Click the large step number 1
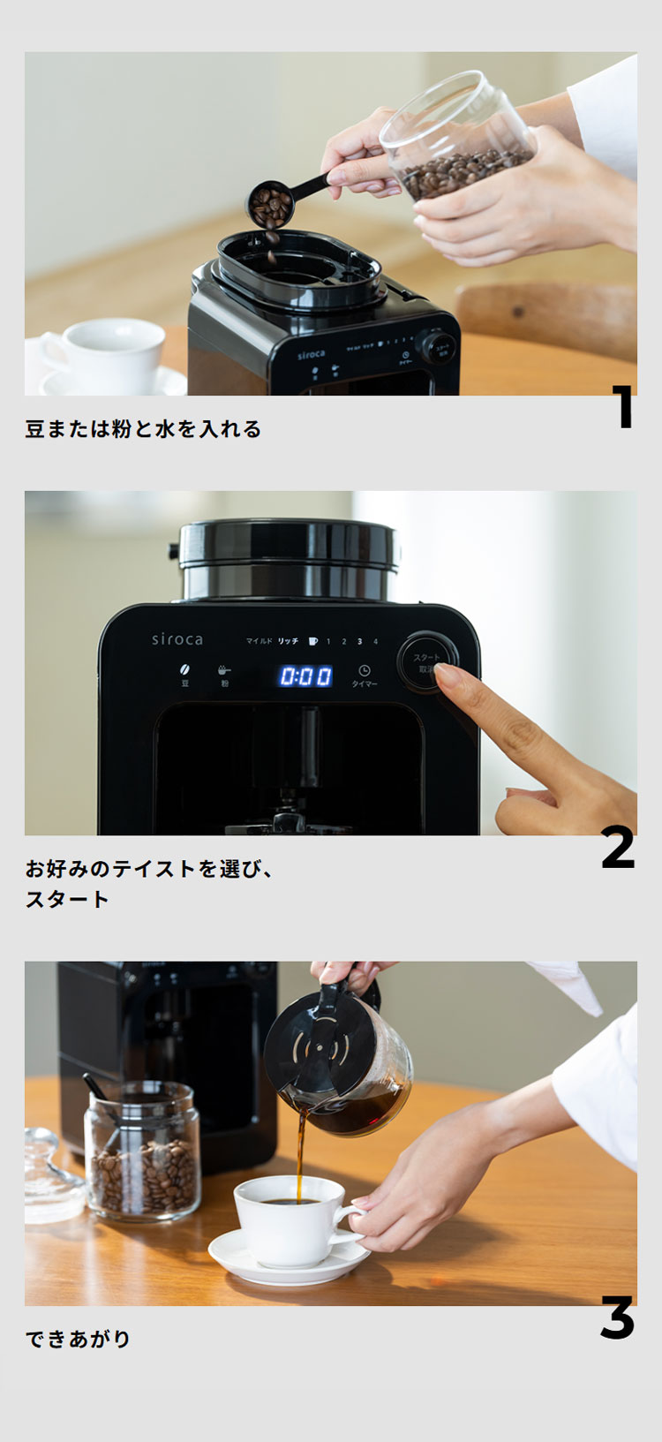pyautogui.click(x=624, y=407)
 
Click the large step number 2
pyautogui.click(x=618, y=847)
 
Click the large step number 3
pyautogui.click(x=617, y=1317)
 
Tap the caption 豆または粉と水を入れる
pyautogui.click(x=143, y=429)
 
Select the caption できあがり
pyautogui.click(x=78, y=1339)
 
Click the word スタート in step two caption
pyautogui.click(x=67, y=899)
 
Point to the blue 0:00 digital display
pyautogui.click(x=306, y=676)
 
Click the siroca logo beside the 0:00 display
pyautogui.click(x=177, y=639)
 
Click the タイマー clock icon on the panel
pyautogui.click(x=365, y=673)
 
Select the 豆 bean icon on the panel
pyautogui.click(x=185, y=673)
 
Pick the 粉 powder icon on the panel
pyautogui.click(x=224, y=673)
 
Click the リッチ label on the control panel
pyautogui.click(x=288, y=641)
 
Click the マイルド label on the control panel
pyautogui.click(x=259, y=641)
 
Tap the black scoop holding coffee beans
pyautogui.click(x=272, y=203)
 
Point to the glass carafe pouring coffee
pyautogui.click(x=344, y=1064)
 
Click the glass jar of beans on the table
pyautogui.click(x=142, y=1152)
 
